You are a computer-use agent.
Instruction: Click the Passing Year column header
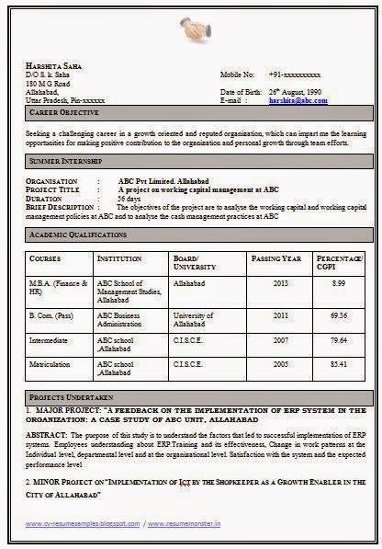click(x=276, y=259)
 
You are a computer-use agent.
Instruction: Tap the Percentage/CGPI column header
click(x=339, y=264)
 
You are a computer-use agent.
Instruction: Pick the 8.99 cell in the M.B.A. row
click(x=339, y=283)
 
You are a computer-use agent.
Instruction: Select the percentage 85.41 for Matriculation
click(x=339, y=364)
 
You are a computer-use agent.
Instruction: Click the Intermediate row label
click(x=51, y=340)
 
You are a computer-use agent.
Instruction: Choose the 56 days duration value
click(x=129, y=198)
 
